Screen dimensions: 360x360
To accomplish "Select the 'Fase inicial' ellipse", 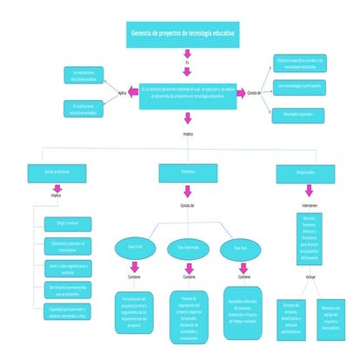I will (x=135, y=248).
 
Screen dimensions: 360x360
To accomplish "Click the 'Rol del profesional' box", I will (x=56, y=173).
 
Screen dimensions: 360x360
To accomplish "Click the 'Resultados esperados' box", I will (x=300, y=112).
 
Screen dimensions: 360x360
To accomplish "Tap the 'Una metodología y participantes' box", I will (x=300, y=86).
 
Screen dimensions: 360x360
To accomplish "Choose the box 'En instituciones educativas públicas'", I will (x=84, y=74).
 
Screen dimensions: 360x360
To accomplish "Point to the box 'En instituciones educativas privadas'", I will (x=84, y=109).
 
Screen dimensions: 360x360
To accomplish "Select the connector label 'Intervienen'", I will (x=310, y=205).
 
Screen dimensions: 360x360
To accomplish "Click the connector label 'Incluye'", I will (x=310, y=277).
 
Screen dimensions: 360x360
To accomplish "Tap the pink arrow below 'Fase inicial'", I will (x=135, y=265).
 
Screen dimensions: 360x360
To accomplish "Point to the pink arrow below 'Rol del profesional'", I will (x=56, y=187).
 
